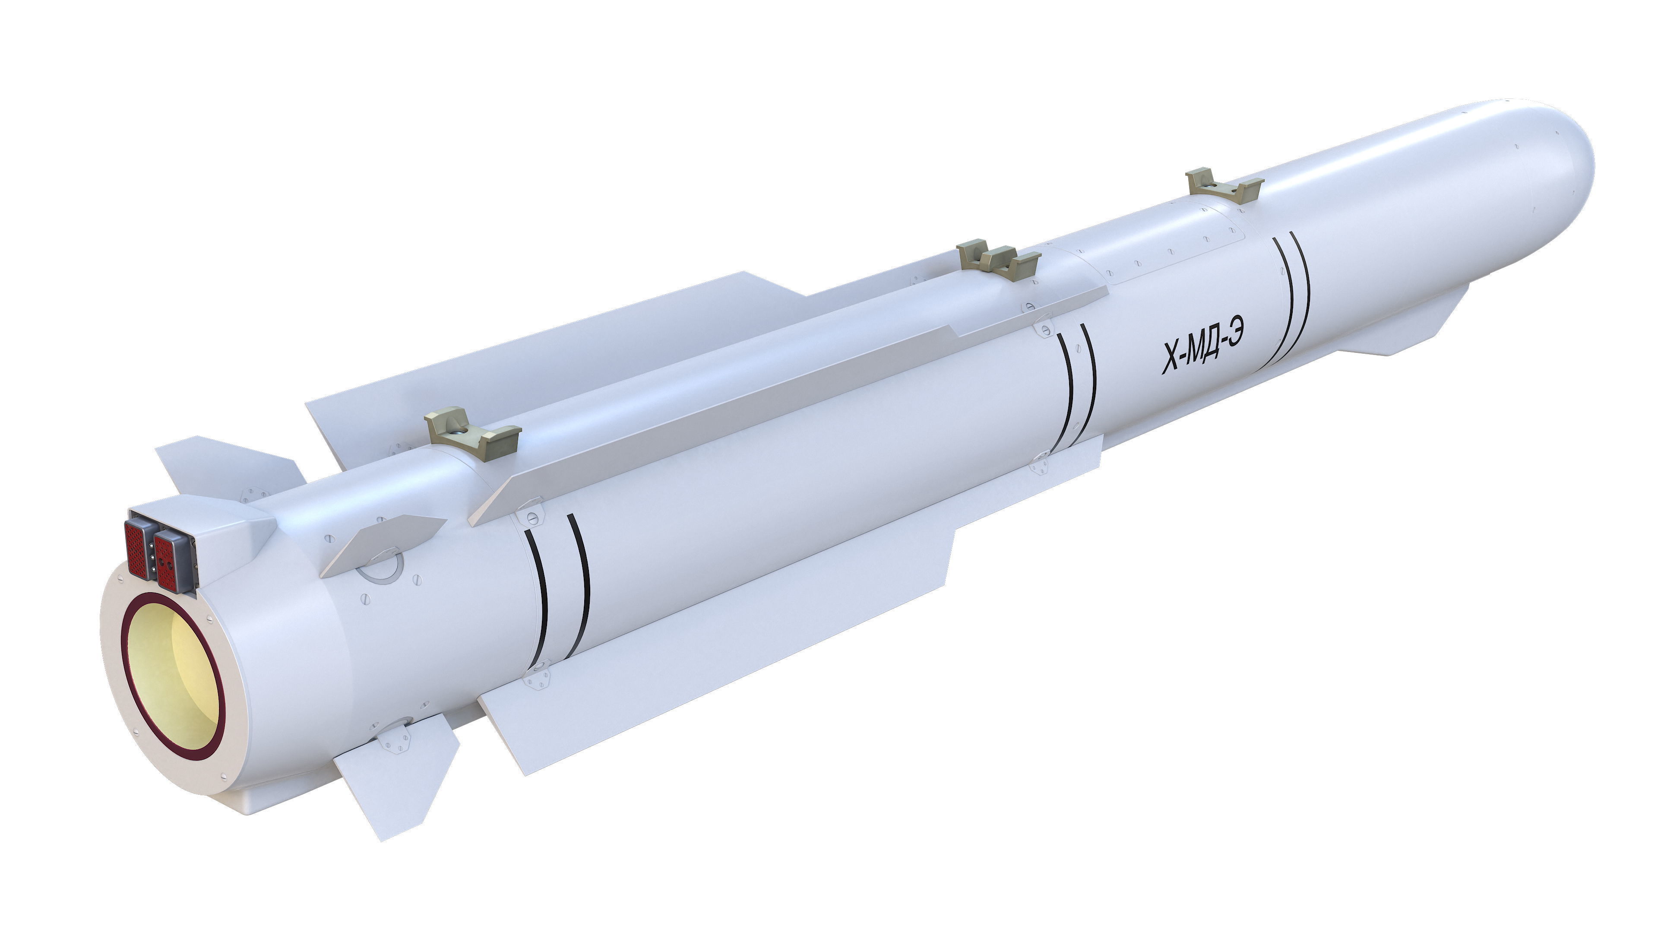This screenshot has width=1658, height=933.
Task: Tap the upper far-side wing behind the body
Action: tap(515, 361)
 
